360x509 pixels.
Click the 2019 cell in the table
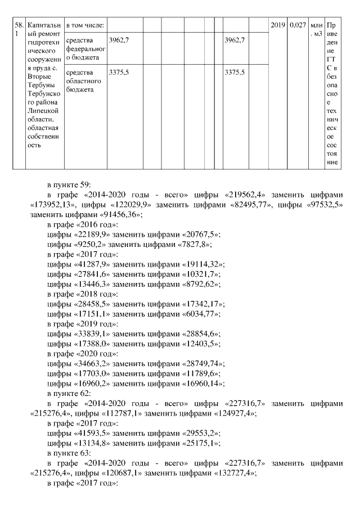[x=278, y=25]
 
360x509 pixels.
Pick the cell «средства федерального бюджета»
[x=84, y=49]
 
